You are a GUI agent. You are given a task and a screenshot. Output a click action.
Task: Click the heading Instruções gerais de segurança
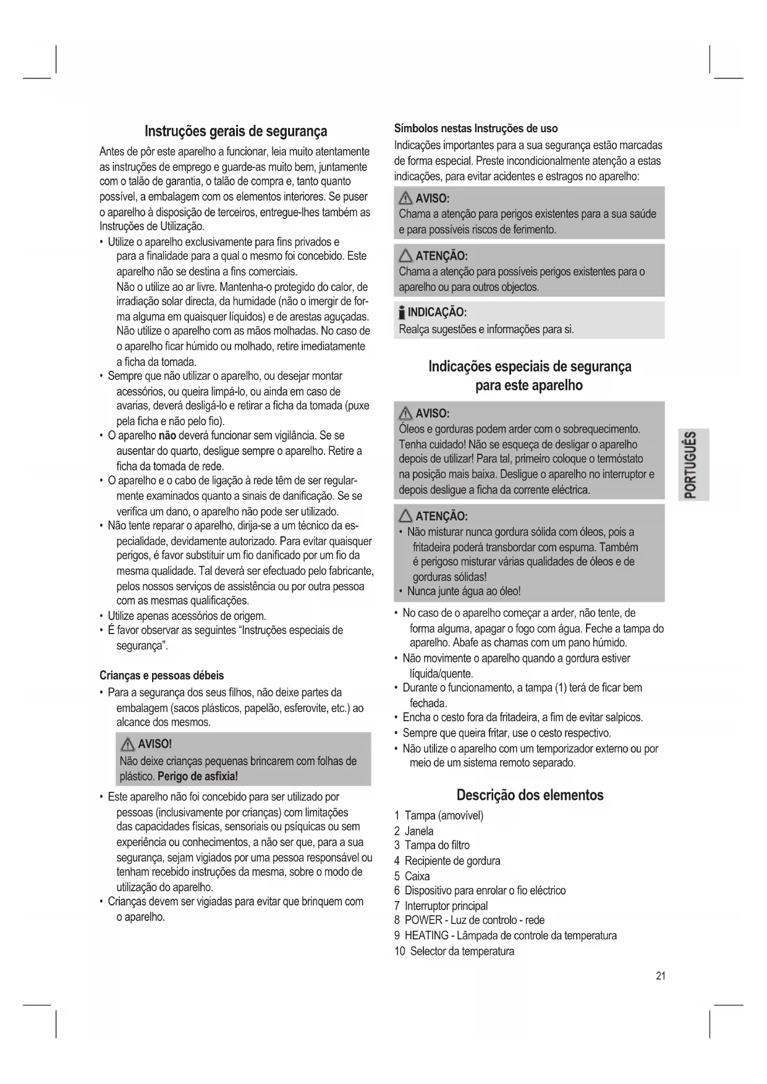click(x=235, y=131)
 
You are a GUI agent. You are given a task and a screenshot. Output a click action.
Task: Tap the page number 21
click(x=661, y=976)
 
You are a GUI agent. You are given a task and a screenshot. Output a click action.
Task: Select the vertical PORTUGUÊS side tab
click(x=692, y=464)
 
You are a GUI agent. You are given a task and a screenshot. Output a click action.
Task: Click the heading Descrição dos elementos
click(x=530, y=795)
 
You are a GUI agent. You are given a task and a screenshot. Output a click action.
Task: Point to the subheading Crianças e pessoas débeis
click(x=161, y=675)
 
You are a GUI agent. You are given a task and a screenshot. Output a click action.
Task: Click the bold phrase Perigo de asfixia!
click(x=198, y=776)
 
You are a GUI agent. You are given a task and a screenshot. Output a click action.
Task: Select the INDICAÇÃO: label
click(x=436, y=311)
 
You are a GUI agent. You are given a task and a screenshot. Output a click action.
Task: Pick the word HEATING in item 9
click(x=426, y=936)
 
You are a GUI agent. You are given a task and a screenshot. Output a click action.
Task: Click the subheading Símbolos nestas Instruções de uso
click(x=476, y=129)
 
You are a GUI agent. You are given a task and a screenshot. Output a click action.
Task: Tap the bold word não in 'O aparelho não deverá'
click(x=167, y=436)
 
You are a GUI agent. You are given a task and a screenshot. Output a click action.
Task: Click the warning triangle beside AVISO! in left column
click(x=129, y=744)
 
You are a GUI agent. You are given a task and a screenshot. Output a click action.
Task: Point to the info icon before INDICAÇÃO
click(x=402, y=312)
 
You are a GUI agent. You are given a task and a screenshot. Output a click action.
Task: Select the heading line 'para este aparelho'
click(x=528, y=386)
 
